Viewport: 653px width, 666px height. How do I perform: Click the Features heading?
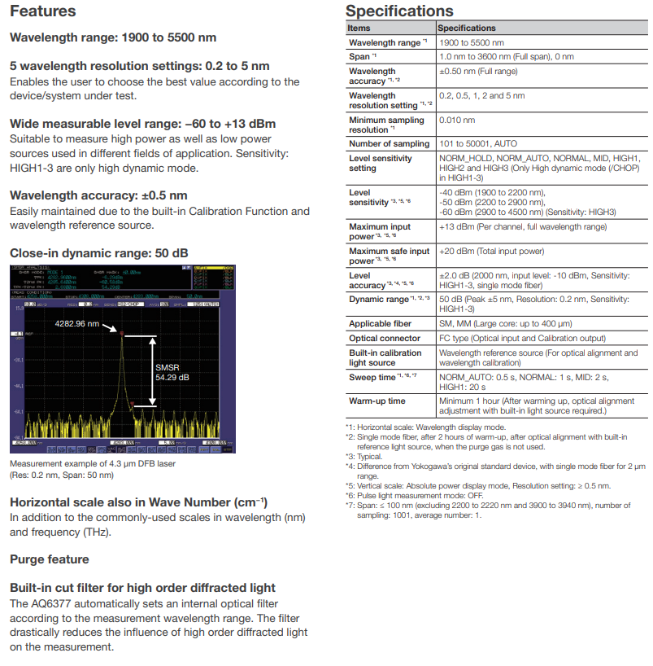(42, 11)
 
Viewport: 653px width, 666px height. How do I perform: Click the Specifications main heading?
(399, 11)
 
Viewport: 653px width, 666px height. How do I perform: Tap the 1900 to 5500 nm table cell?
(472, 42)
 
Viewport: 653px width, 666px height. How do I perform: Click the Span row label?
(360, 57)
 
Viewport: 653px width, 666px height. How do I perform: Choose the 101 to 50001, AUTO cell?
(478, 144)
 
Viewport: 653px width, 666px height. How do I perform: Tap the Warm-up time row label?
(377, 401)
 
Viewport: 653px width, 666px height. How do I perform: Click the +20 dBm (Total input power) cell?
(492, 252)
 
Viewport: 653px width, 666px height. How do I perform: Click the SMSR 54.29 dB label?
(172, 372)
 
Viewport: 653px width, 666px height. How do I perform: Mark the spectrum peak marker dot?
(121, 334)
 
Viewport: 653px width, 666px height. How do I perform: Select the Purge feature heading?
(50, 559)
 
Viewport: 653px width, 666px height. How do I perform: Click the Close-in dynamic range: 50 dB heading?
(99, 252)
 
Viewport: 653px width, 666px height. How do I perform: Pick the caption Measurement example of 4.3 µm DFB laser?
(92, 464)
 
